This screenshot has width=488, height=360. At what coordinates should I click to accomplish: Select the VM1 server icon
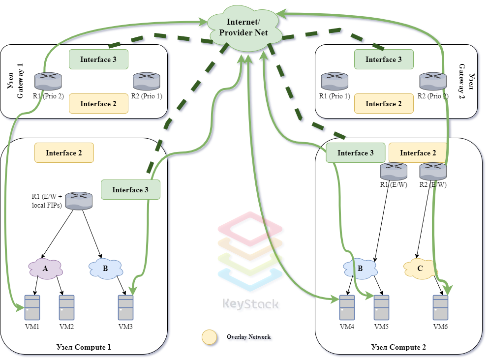32,307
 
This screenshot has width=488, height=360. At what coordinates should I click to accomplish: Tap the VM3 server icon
125,307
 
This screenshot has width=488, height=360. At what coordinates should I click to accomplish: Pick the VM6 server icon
440,307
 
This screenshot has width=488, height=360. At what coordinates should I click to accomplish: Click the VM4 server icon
347,307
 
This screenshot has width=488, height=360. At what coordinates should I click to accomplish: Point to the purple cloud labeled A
45,269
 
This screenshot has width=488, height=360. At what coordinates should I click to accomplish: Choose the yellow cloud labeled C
420,269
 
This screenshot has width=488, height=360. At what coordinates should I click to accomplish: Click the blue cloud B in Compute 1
105,269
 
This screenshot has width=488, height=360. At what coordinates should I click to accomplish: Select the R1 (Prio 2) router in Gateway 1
48,81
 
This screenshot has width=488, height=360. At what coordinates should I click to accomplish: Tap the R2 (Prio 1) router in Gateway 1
146,81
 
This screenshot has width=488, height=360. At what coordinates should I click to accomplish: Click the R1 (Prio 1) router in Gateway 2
335,81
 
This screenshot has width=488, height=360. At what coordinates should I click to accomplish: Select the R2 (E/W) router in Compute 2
433,171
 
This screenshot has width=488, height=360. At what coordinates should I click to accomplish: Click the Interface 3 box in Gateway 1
98,60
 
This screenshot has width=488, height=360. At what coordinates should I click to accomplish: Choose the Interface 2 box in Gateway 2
384,104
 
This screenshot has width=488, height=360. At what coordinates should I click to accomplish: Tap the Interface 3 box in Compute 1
130,190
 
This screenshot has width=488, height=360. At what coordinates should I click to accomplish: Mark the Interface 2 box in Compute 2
418,153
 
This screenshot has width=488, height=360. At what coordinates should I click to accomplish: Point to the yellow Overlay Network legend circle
210,337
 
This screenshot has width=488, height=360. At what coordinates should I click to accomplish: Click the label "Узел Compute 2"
398,347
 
